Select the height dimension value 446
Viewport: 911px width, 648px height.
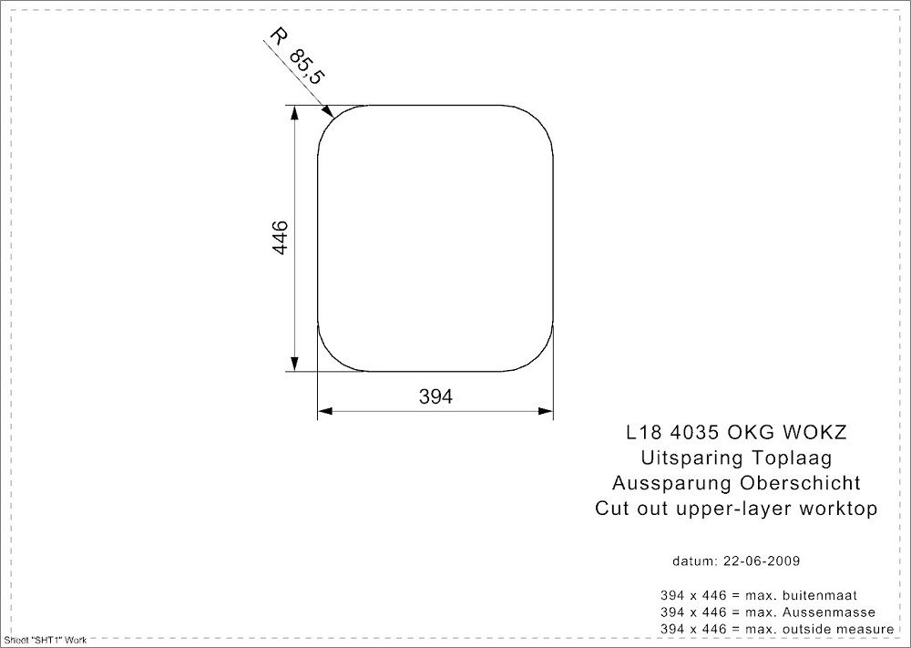pos(281,238)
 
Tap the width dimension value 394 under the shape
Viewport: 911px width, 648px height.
pos(435,396)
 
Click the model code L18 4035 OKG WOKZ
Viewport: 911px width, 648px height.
pos(736,432)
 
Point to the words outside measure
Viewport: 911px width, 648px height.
pos(833,630)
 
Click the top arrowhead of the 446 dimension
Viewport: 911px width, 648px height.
pos(294,111)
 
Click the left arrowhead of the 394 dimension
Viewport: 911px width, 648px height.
pos(323,412)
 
